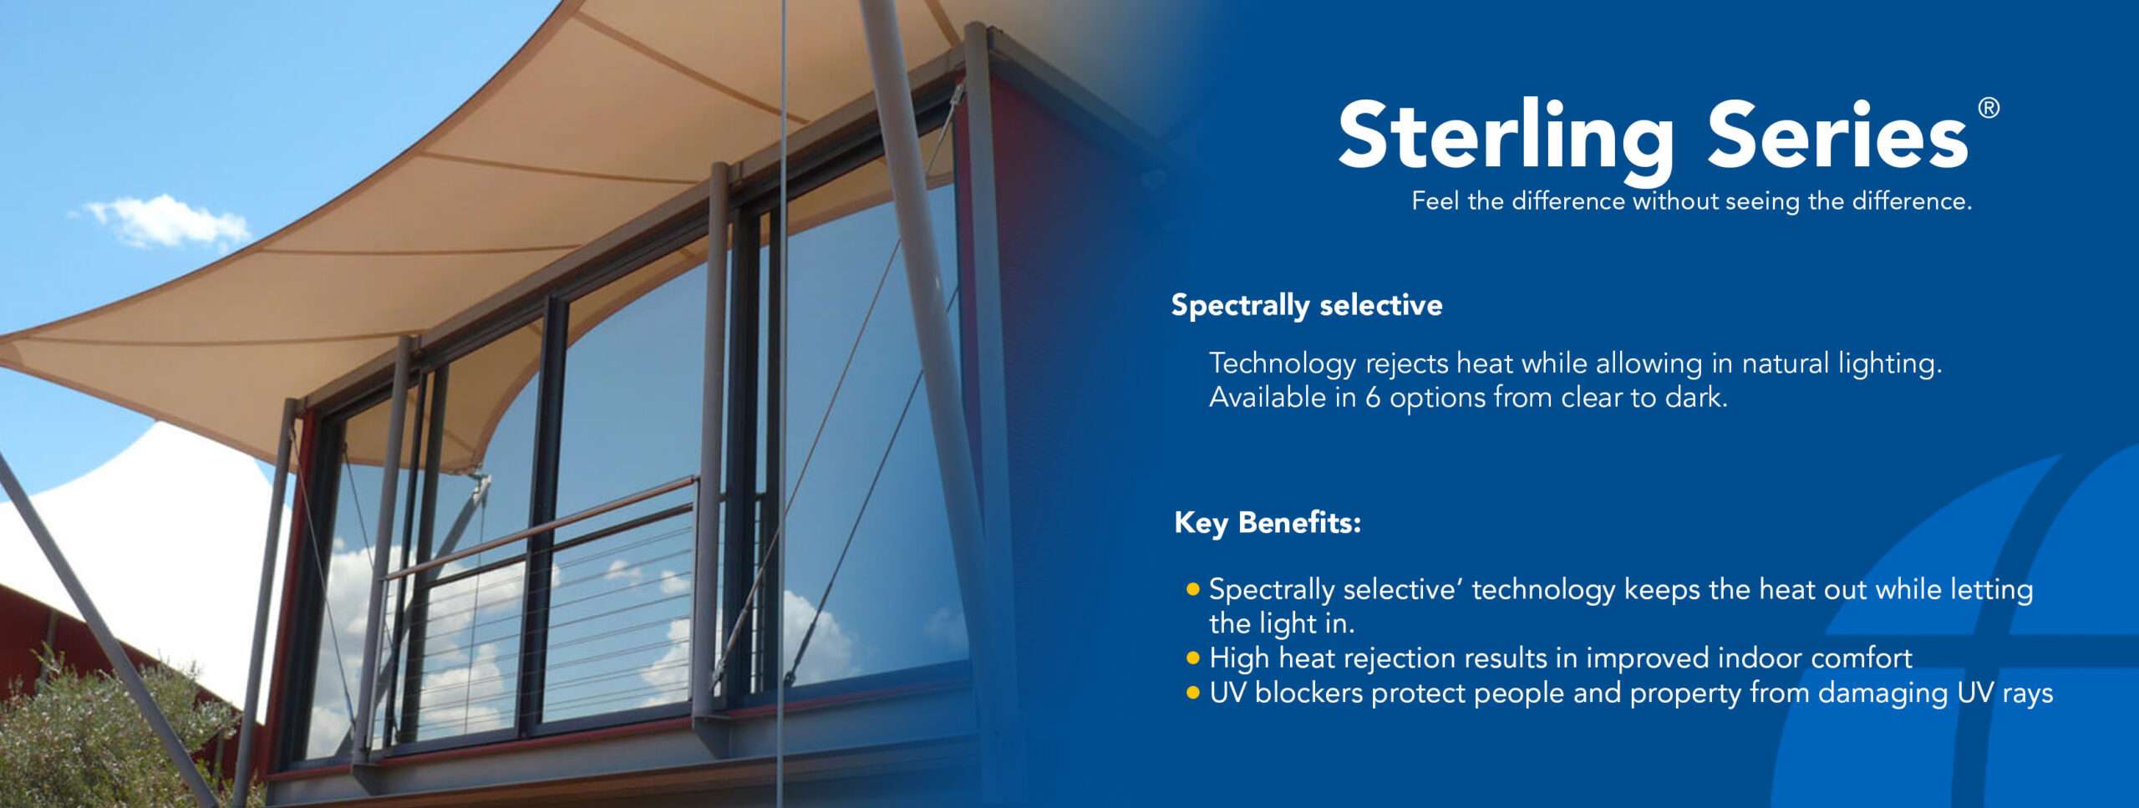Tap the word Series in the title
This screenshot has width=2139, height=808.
click(1837, 134)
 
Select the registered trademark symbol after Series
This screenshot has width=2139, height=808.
click(1989, 108)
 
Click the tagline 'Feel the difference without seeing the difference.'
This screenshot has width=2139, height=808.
click(1692, 201)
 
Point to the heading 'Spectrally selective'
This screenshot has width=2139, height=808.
click(1307, 306)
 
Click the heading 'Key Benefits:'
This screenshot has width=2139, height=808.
click(1268, 523)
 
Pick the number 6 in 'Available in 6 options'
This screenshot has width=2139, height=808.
click(1373, 398)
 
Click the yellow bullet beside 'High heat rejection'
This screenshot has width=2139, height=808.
click(1192, 658)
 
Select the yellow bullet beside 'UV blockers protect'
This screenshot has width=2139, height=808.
click(1192, 693)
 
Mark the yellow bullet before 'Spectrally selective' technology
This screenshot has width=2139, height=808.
click(1192, 589)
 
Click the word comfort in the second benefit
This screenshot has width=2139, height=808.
click(1862, 658)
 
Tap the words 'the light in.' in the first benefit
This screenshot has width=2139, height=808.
click(1282, 624)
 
